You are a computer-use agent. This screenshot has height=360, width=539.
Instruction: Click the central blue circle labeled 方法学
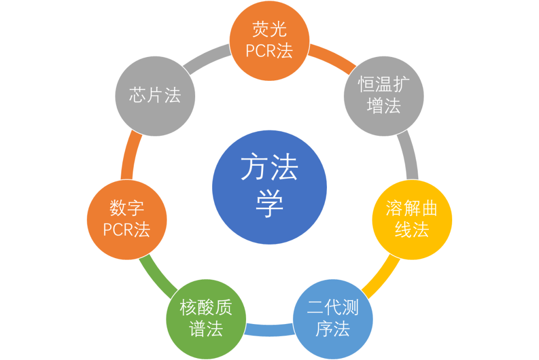(x=269, y=187)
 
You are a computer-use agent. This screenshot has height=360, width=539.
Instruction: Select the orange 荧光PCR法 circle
(x=269, y=40)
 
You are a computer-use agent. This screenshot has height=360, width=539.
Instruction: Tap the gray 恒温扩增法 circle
(x=383, y=95)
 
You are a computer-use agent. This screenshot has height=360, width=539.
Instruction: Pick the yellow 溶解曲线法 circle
(x=412, y=220)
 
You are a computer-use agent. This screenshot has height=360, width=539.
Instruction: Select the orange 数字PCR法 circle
(x=127, y=220)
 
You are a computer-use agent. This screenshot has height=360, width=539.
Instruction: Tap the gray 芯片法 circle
(x=155, y=95)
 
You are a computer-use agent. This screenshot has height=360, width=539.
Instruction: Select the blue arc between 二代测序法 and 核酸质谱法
(x=269, y=330)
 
